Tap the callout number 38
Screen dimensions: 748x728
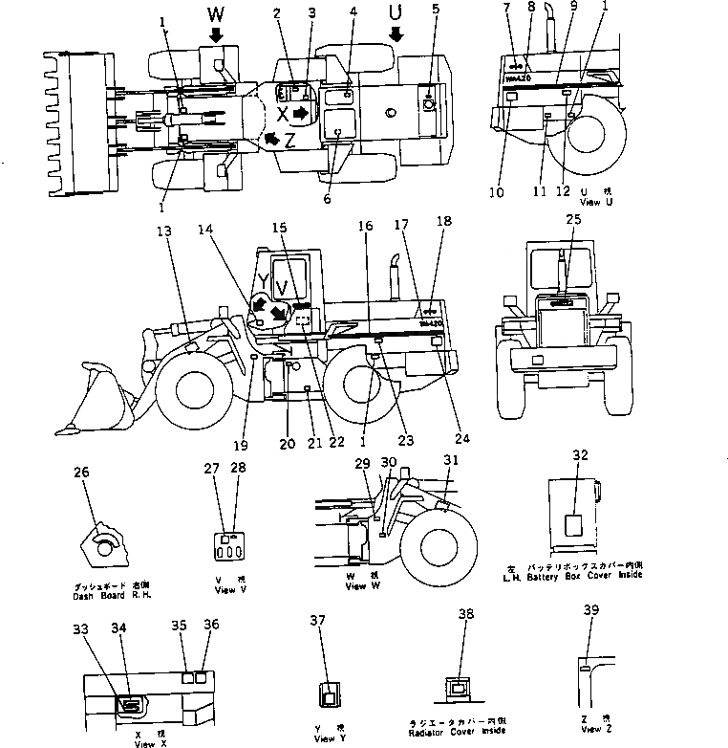tap(465, 615)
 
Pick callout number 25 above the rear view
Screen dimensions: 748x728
tap(572, 220)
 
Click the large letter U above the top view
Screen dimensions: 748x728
tap(394, 12)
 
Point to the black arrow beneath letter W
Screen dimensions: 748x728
tap(216, 34)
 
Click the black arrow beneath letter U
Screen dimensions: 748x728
tap(395, 35)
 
